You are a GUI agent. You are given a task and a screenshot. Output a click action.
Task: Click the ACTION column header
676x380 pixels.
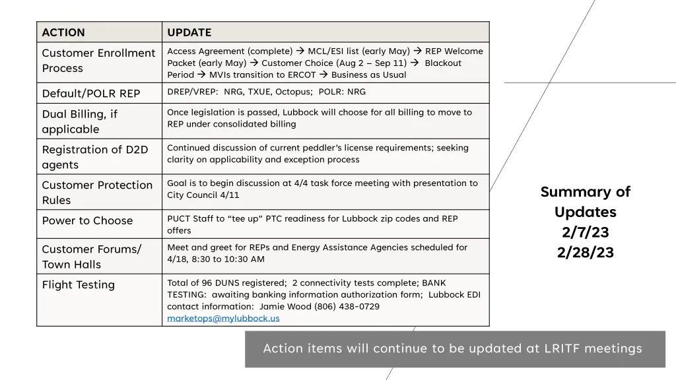(63, 32)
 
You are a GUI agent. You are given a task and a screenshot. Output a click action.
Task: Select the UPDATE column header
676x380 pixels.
(189, 32)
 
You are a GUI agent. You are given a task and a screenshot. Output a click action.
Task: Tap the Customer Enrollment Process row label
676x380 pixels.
(98, 61)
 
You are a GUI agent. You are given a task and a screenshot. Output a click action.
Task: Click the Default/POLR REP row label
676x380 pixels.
(91, 93)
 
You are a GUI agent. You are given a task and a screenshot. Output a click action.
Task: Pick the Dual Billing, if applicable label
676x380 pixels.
(79, 121)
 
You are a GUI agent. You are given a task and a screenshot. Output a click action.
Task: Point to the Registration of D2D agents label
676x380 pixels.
(95, 157)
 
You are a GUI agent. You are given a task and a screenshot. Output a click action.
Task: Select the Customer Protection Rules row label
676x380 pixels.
(97, 193)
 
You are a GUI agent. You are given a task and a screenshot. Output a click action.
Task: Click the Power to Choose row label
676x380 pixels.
(87, 220)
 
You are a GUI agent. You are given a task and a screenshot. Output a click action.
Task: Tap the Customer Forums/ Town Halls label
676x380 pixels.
(91, 257)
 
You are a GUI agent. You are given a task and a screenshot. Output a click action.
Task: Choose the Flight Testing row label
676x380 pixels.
(79, 284)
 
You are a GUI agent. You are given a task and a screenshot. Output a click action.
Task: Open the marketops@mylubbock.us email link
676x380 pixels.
(223, 318)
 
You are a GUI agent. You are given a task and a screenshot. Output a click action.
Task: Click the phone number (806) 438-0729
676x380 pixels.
(346, 306)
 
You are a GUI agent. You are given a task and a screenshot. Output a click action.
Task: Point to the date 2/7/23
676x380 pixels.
(585, 232)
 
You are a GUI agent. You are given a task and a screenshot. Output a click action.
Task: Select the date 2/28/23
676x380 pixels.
(585, 253)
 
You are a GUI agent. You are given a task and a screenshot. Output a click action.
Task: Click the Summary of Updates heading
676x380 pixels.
(585, 202)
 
